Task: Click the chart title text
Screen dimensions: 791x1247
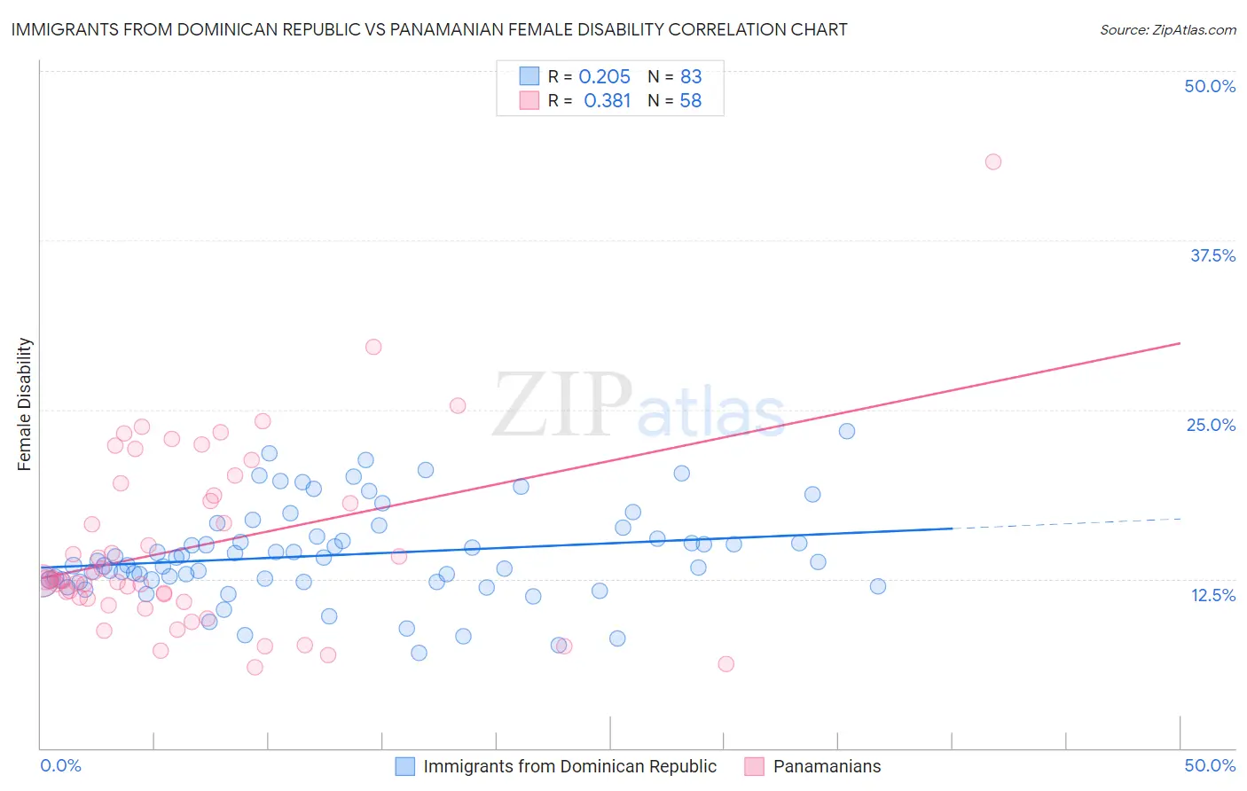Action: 429,29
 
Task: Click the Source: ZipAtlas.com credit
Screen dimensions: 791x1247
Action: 1167,29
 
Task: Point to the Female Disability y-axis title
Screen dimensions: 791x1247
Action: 25,403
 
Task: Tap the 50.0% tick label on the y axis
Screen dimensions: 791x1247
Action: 1210,86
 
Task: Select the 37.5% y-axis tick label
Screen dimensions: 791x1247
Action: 1212,255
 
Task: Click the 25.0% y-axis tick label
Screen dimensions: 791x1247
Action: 1211,425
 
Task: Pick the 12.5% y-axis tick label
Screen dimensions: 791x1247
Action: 1212,595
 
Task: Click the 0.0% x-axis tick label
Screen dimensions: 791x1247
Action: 60,765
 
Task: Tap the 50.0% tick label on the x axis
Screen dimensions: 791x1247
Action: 1210,765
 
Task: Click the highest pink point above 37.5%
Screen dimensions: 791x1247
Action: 993,161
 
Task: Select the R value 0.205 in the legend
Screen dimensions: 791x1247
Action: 604,77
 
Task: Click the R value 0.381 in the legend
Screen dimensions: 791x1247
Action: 607,101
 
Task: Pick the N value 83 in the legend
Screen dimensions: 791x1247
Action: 691,77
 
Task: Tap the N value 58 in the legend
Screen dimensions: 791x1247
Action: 691,101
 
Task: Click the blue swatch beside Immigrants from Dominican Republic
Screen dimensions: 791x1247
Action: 405,766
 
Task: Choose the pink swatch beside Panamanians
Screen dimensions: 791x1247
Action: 754,766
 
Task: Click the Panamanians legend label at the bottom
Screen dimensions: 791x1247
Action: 827,766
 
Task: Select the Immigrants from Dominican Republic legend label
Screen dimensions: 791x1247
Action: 569,766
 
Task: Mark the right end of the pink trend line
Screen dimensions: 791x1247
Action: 1180,342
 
